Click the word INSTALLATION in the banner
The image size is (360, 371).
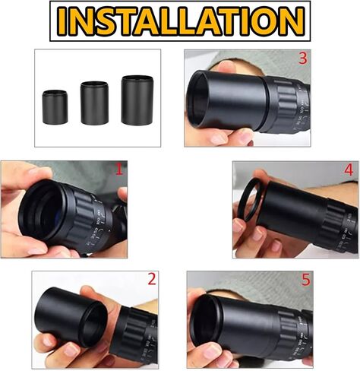click(180, 21)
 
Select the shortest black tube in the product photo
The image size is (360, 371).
click(55, 107)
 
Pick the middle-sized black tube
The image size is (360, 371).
click(94, 103)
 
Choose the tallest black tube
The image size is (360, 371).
click(137, 100)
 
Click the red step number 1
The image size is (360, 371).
click(118, 170)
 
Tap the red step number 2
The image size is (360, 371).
click(151, 280)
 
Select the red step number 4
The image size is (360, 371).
click(349, 170)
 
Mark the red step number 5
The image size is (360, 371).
click(305, 281)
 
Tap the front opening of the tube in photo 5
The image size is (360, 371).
click(206, 319)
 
